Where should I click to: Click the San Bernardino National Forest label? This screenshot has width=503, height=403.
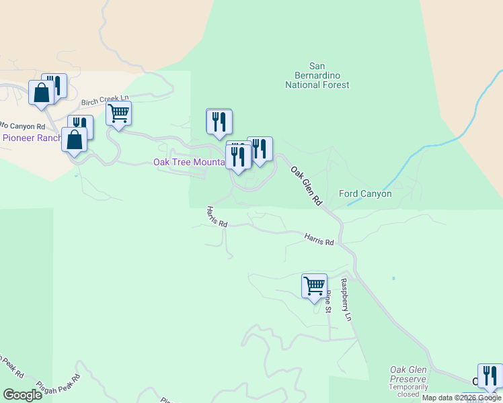click(317, 76)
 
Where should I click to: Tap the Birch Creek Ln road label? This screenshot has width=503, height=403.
click(104, 101)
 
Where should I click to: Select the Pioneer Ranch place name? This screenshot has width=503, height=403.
click(31, 138)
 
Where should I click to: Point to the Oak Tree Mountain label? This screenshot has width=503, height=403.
click(188, 162)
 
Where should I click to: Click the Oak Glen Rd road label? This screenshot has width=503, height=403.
click(307, 186)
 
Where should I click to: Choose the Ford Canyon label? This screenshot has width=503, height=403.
click(365, 193)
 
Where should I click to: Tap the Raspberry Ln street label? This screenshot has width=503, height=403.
click(346, 299)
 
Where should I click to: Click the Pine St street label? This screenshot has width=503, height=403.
click(329, 302)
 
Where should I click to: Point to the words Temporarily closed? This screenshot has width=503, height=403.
click(408, 391)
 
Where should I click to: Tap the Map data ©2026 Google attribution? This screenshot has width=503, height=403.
click(461, 398)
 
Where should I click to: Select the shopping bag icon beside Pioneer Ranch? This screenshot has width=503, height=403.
click(74, 140)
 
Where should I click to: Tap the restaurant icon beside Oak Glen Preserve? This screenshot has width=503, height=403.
click(490, 375)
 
